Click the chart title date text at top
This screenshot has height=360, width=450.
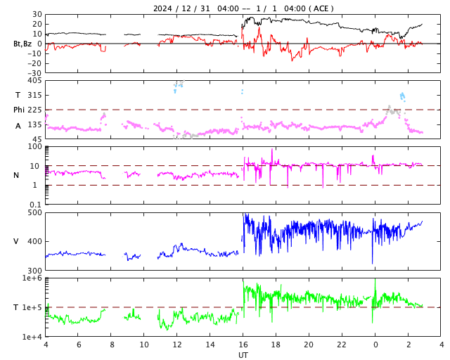(243, 8)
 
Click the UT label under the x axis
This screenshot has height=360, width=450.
(243, 355)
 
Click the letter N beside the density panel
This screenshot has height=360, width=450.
(17, 175)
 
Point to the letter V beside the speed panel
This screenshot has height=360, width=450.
(17, 241)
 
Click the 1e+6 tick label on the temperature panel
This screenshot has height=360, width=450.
(32, 278)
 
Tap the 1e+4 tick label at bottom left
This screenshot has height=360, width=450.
(32, 337)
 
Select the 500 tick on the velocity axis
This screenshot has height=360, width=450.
(34, 212)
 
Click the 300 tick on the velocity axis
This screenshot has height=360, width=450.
(34, 271)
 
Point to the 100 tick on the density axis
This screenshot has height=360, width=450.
(34, 147)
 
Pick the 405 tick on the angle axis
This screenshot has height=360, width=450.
(34, 81)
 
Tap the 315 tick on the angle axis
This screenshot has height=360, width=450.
(34, 95)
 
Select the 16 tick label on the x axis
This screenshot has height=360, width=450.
(243, 345)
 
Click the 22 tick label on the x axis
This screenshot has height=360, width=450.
(342, 345)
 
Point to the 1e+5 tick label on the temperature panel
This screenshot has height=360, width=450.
(32, 307)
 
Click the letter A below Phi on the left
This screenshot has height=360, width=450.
(18, 125)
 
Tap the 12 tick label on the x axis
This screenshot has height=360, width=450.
(177, 345)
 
